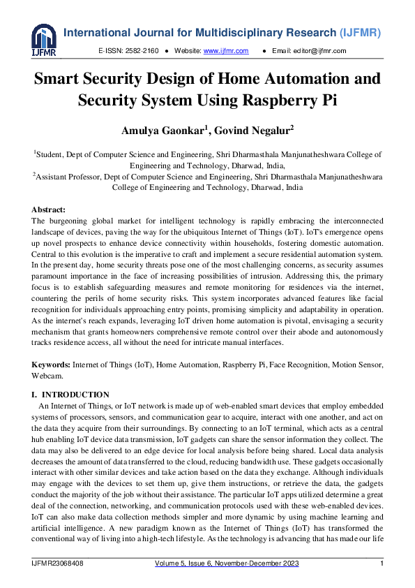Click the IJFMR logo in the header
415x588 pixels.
pos(43,41)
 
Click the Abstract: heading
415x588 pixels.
pos(49,210)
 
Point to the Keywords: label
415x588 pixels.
pos(51,365)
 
